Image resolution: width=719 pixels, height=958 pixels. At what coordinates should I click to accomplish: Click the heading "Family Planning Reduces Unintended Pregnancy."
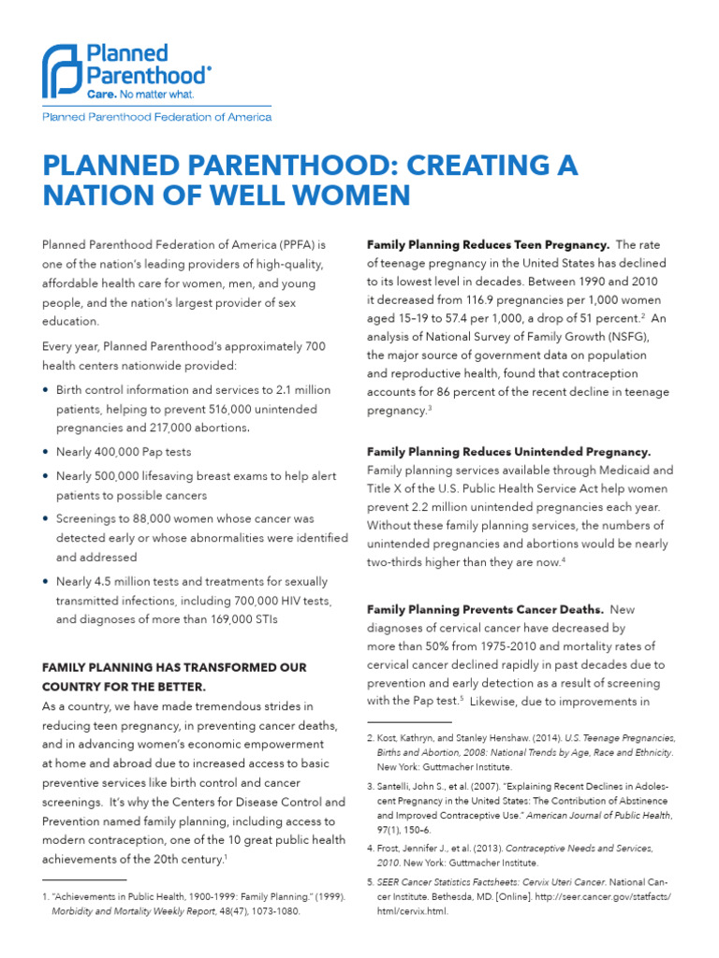point(508,451)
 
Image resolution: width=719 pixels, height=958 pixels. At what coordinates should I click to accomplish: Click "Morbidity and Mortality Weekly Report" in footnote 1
point(135,911)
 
